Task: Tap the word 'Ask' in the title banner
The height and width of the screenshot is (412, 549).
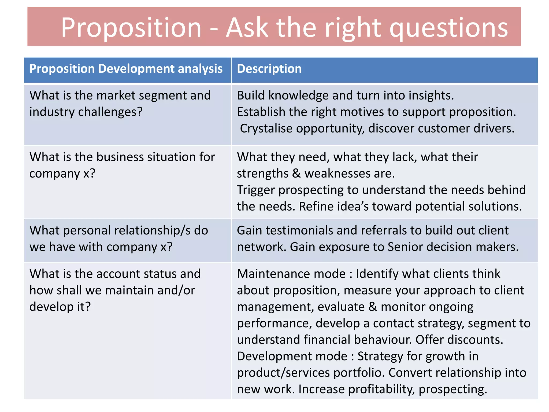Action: [247, 27]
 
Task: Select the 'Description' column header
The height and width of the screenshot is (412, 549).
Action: [269, 69]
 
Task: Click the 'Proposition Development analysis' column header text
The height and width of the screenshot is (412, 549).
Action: [126, 69]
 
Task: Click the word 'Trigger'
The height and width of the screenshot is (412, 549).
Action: [256, 190]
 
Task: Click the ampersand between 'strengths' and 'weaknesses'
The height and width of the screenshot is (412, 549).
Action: [296, 174]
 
